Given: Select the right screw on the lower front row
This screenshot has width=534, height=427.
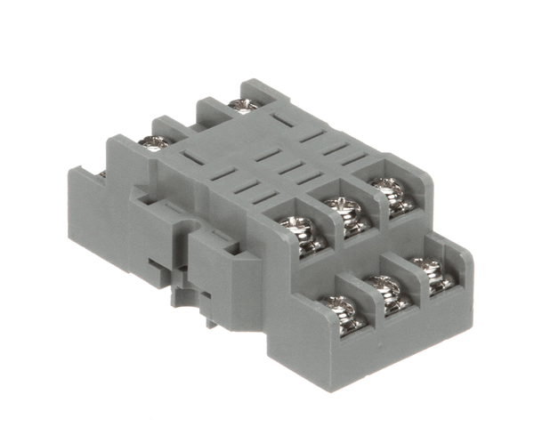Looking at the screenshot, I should [427, 268].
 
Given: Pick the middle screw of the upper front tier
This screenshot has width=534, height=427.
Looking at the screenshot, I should [341, 206].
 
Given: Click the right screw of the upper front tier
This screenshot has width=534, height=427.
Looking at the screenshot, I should [385, 187].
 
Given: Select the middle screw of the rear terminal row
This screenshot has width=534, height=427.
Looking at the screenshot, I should [155, 141].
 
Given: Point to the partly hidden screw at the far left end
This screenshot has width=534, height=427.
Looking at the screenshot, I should [101, 173].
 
